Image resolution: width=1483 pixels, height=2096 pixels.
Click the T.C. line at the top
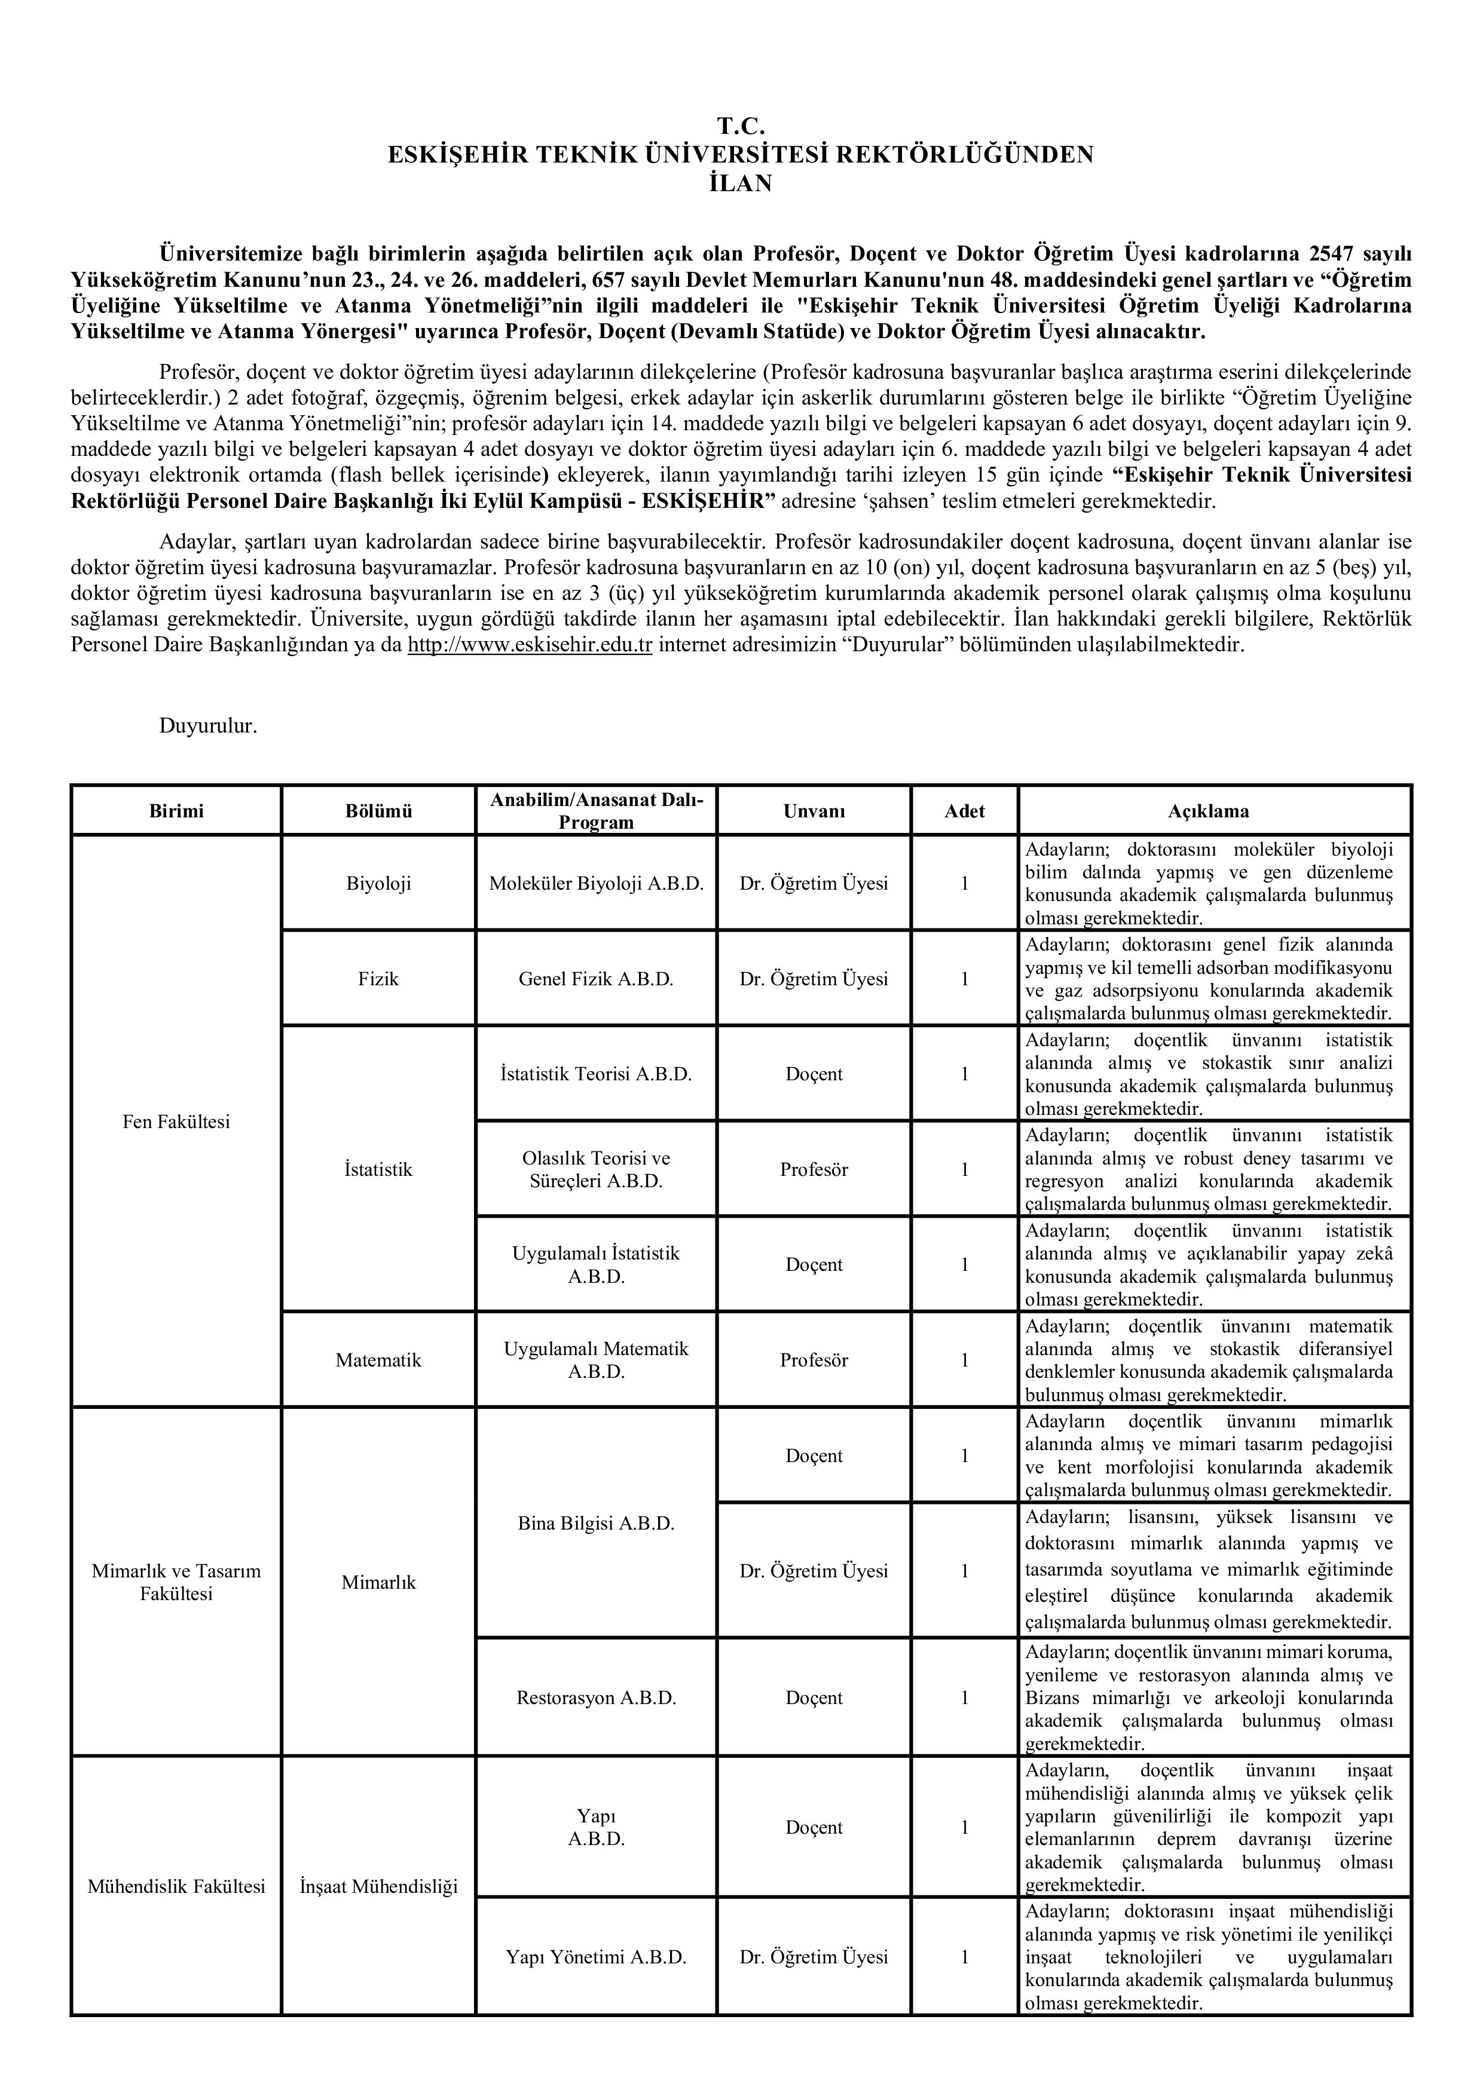741,126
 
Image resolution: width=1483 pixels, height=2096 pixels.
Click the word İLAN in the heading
741,183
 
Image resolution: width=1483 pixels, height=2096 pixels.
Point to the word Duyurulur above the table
208,727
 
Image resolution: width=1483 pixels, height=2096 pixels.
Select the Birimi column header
176,811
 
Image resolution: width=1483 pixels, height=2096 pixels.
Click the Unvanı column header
814,811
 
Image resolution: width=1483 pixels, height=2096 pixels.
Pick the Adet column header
964,811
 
